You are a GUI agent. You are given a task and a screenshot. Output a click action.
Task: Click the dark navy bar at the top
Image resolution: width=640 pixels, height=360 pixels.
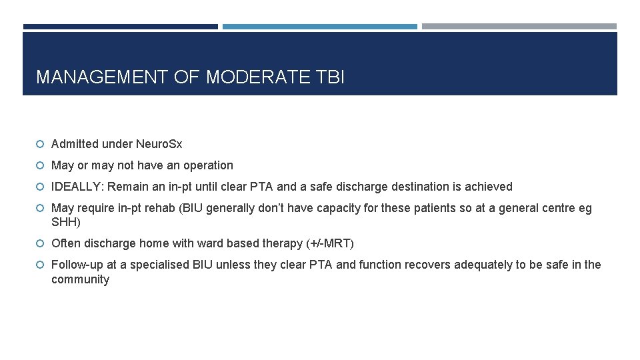click(120, 27)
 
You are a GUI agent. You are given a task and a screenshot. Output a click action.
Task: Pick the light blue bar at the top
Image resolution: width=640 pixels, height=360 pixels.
click(319, 27)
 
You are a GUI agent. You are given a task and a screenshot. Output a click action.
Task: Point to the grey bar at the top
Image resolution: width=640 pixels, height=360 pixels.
click(519, 27)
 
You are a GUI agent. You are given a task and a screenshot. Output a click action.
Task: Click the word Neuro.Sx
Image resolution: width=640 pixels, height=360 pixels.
click(159, 144)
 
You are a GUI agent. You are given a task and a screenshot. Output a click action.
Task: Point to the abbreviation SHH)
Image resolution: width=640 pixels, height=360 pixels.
click(66, 222)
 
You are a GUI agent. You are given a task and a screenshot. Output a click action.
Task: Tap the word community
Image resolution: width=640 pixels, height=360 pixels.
click(80, 279)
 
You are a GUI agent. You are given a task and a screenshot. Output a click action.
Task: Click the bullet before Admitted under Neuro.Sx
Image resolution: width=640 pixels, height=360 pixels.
click(40, 144)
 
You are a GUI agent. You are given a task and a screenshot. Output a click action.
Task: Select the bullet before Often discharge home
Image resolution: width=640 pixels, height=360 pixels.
click(40, 243)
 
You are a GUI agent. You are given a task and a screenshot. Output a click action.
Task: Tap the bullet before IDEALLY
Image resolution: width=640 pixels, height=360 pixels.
click(40, 187)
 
